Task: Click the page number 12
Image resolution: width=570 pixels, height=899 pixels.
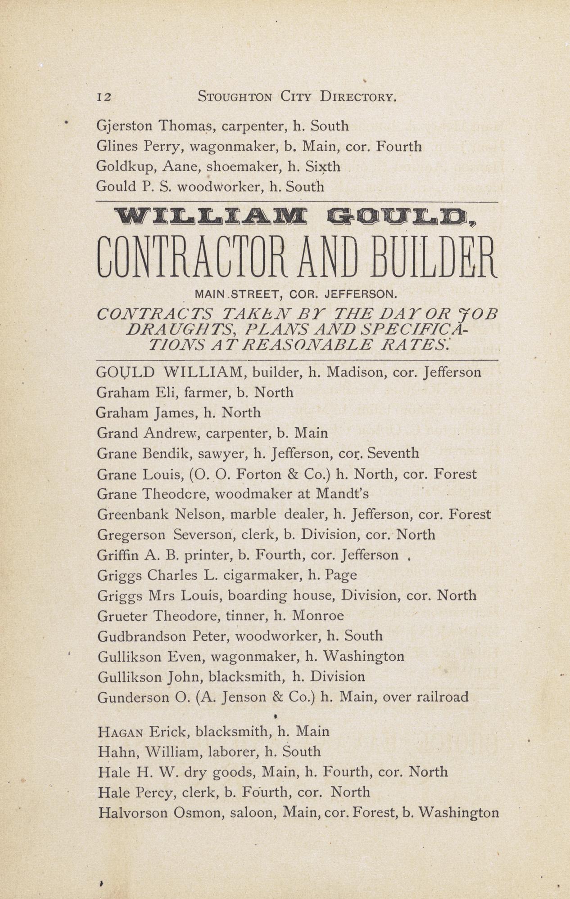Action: (x=104, y=97)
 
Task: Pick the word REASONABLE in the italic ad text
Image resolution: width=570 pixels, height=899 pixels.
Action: (x=300, y=345)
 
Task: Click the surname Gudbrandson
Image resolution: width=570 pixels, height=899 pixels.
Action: (x=142, y=636)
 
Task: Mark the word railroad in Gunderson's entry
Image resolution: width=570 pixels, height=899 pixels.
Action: (x=443, y=697)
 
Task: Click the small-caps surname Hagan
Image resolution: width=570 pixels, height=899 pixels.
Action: (x=120, y=732)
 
